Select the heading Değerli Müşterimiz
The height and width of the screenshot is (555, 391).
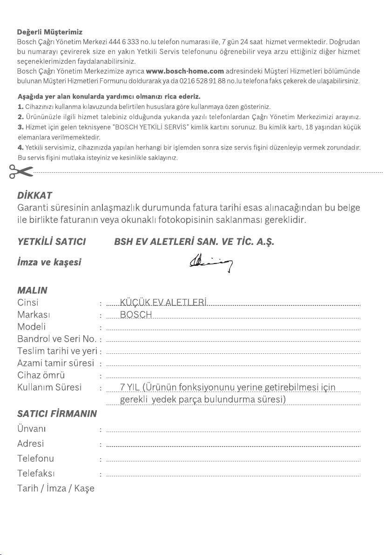50,32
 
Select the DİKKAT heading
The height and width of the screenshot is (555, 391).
34,195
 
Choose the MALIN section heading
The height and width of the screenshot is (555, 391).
32,290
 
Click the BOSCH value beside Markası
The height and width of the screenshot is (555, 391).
136,315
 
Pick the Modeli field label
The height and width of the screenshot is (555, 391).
32,327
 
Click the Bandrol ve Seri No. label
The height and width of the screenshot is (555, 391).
57,339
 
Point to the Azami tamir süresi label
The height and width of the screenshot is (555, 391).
56,363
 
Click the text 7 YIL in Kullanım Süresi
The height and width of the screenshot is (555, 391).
129,388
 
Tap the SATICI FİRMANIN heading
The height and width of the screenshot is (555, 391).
57,413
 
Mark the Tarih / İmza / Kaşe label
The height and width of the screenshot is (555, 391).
56,489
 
